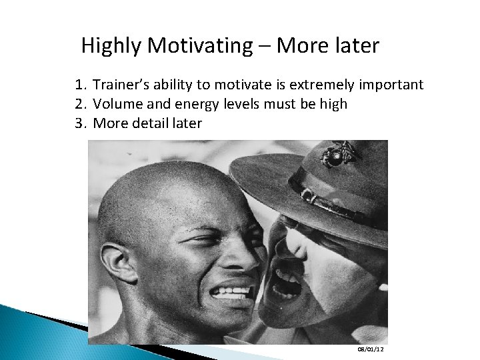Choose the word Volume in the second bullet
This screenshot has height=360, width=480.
(x=115, y=105)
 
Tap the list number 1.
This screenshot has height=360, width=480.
(x=81, y=85)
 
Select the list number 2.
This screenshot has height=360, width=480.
(x=81, y=105)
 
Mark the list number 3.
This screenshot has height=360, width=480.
(x=81, y=123)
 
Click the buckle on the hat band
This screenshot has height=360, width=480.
(x=308, y=196)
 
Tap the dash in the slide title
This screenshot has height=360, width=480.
(x=263, y=46)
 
